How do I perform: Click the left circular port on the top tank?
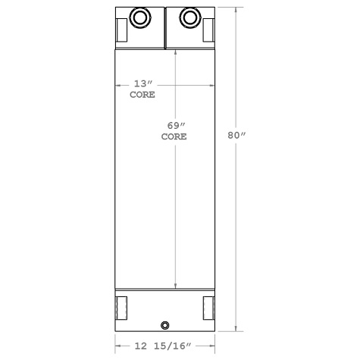141,17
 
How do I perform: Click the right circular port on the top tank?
189,17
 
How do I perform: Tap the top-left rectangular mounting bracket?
122,30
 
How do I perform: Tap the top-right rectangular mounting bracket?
208,30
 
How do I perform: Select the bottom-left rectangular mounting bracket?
122,308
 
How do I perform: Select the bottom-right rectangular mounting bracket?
208,308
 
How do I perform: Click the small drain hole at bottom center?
165,327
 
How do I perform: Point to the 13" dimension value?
142,83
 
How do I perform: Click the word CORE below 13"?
142,95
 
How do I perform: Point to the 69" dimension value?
175,125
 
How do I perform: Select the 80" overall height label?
238,135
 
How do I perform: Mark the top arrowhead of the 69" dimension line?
176,52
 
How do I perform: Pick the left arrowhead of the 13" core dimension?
117,84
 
